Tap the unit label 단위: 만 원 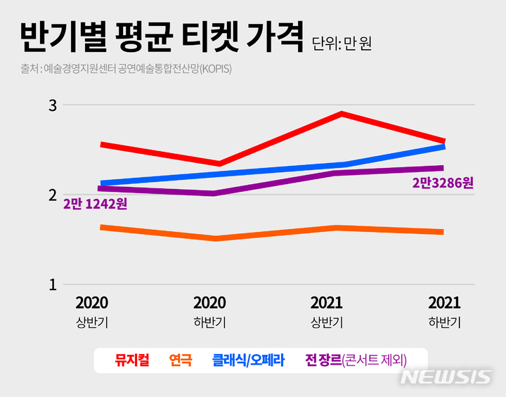pos(342,44)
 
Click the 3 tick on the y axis pos(51,105)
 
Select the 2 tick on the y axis pos(51,195)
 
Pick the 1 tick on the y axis pos(51,285)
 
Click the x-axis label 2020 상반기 pos(91,312)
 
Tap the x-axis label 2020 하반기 pos(209,312)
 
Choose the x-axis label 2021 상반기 pos(327,312)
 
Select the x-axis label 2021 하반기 pos(444,312)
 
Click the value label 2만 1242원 pos(95,204)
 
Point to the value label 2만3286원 pos(443,183)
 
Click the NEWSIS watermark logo pos(446,377)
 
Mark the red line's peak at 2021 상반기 pos(342,113)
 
